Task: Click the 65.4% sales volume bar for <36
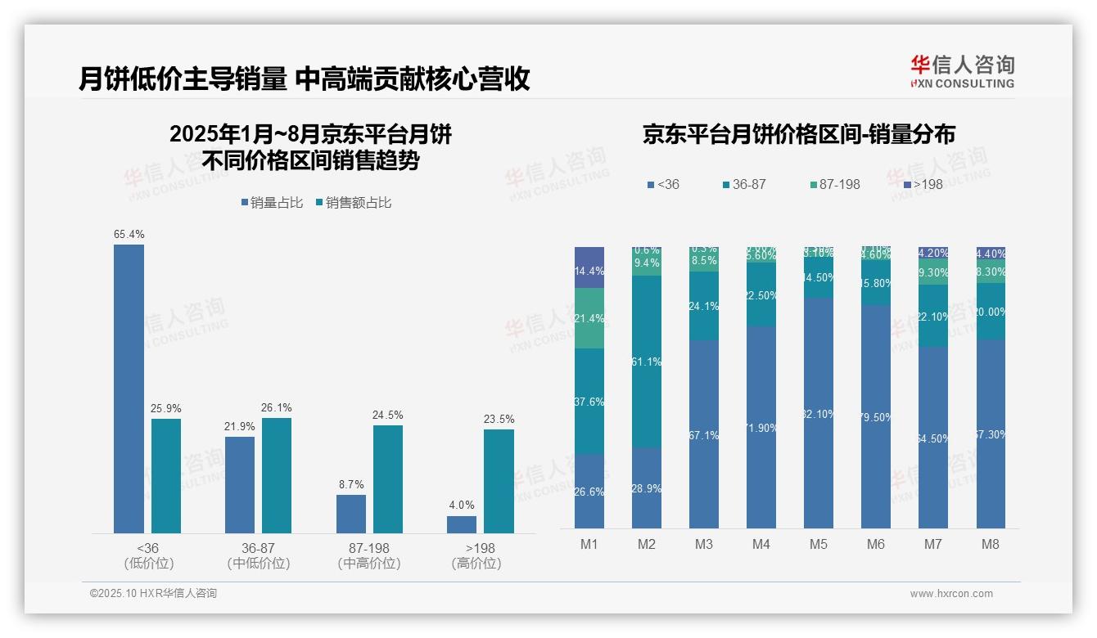(x=129, y=389)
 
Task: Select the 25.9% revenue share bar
(x=166, y=476)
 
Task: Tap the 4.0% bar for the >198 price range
(x=462, y=524)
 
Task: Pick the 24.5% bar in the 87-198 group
(x=388, y=479)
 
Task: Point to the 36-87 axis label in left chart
(x=258, y=548)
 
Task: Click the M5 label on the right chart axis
(x=819, y=544)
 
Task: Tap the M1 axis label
(x=589, y=544)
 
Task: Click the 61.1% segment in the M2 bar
(x=647, y=361)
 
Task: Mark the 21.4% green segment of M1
(x=589, y=318)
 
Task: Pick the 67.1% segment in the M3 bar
(x=704, y=434)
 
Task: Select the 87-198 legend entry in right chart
(x=834, y=185)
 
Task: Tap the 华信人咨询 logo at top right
(x=962, y=71)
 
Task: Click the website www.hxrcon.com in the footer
(x=951, y=594)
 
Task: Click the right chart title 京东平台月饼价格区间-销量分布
(x=798, y=135)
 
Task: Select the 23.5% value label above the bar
(x=499, y=420)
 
